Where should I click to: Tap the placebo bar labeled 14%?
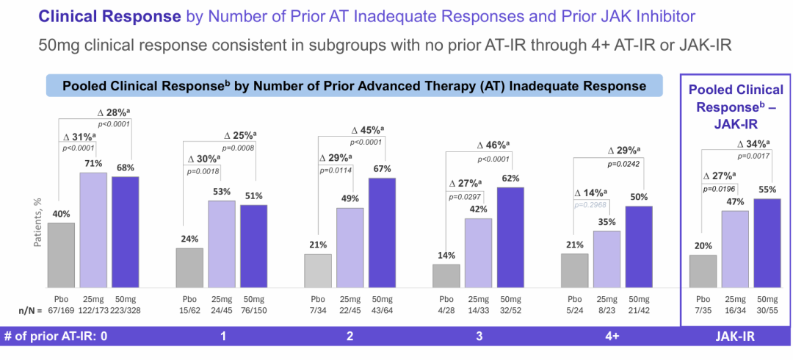tap(446, 276)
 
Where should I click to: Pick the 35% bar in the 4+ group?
tap(606, 259)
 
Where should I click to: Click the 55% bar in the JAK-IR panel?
tap(767, 242)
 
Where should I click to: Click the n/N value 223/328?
tap(126, 310)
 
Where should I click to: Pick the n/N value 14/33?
tap(479, 310)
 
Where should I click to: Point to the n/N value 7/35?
tap(703, 310)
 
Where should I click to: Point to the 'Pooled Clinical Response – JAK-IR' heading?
tap(734, 104)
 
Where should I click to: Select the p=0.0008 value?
tap(239, 148)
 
